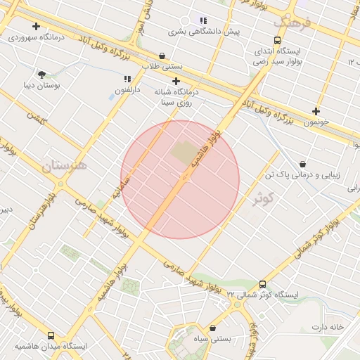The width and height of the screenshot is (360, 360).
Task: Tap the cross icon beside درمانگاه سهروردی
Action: [x=36, y=26]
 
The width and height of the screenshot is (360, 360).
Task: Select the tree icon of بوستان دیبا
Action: [x=41, y=74]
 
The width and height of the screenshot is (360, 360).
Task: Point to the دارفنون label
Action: [x=127, y=90]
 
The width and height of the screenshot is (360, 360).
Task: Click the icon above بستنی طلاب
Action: [x=162, y=56]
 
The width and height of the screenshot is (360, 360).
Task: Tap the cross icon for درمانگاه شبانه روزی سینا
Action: [x=176, y=82]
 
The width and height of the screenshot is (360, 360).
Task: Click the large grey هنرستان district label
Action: [x=64, y=166]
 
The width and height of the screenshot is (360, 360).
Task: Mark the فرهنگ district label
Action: [x=295, y=22]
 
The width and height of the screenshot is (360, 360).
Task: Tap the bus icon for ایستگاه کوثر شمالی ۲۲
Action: [x=262, y=284]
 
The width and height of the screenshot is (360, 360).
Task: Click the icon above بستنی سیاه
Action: [x=212, y=328]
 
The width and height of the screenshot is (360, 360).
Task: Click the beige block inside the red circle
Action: [x=184, y=156]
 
